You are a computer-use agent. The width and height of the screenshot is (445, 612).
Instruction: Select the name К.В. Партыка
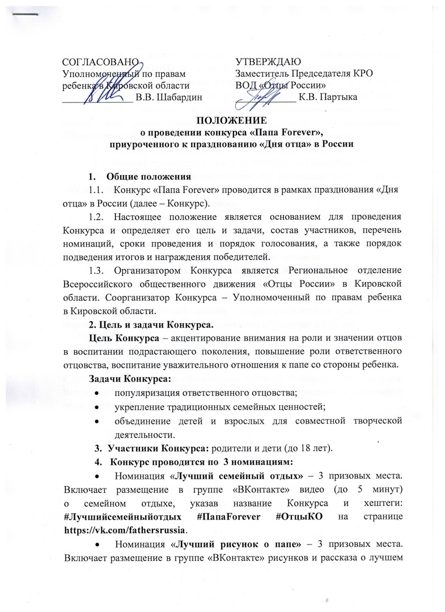tap(328, 97)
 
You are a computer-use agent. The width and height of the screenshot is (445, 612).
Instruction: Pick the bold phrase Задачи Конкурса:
tap(128, 378)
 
